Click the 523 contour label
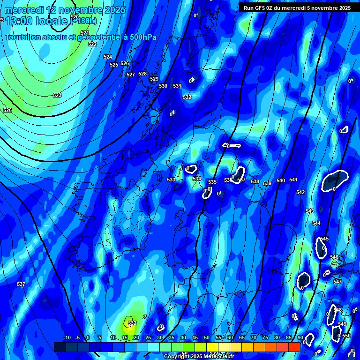[x=57, y=95]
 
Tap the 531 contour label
[x=177, y=86]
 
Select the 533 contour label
[x=171, y=180]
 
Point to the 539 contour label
[x=267, y=183]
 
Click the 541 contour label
[x=293, y=180]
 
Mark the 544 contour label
[x=316, y=223]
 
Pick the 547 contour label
[x=337, y=282]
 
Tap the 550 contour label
[x=346, y=336]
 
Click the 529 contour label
[x=154, y=79]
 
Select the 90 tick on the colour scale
[x=300, y=337]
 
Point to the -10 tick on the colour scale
[x=67, y=337]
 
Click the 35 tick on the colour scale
[x=172, y=337]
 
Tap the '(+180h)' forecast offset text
[x=82, y=21]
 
